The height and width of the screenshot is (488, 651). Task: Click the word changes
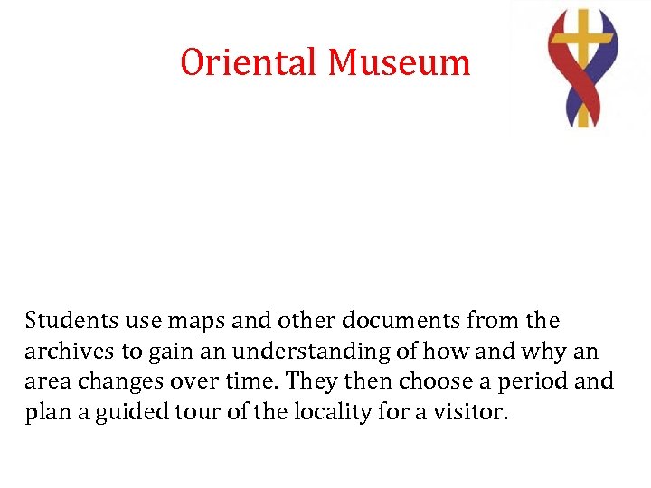(x=108, y=382)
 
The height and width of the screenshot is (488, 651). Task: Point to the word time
(x=250, y=381)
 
